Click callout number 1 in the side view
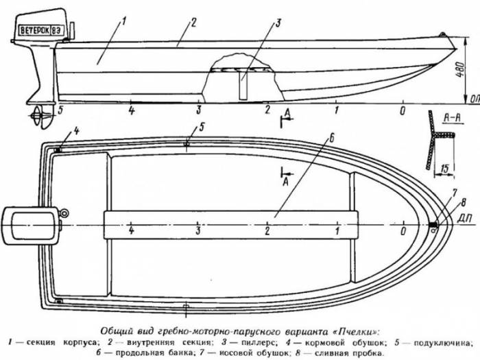coord(124,21)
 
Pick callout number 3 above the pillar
coord(278,23)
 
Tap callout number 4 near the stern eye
coord(76,131)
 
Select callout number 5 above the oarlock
coord(202,127)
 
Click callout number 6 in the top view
coord(331,139)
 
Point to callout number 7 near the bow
coord(455,193)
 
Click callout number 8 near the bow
coord(464,203)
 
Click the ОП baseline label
coord(475,99)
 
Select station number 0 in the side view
coord(403,110)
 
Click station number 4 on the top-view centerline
coord(132,230)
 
